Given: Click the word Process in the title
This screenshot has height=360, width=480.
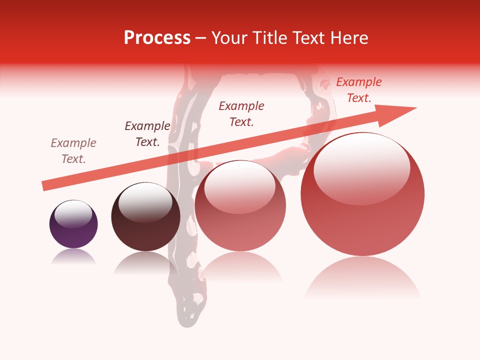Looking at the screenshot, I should click(157, 38).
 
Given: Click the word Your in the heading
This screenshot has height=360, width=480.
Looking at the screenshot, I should click(229, 38).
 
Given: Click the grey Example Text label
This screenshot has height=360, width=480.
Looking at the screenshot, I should click(73, 151).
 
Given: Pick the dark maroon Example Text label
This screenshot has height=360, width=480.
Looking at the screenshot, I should click(147, 134).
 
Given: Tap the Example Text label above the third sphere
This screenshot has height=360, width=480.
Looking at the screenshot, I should click(241, 113).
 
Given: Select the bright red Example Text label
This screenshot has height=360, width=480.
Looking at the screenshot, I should click(358, 90).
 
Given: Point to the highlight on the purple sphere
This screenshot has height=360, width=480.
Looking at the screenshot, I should click(73, 213).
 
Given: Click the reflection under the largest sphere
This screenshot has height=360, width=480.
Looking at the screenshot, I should click(362, 277).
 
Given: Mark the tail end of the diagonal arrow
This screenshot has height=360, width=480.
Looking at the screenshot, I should click(45, 185).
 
